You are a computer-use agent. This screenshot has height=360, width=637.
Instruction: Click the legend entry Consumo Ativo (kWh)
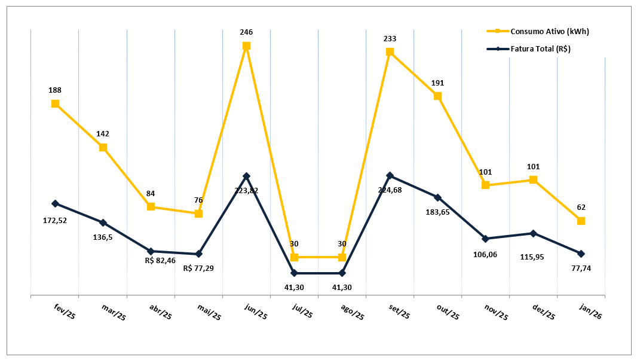click(542, 31)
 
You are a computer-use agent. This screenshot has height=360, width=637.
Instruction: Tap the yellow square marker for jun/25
click(246, 45)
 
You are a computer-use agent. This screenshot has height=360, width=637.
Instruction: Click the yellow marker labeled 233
click(390, 51)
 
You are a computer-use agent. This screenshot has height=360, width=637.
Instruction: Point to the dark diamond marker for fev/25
click(55, 203)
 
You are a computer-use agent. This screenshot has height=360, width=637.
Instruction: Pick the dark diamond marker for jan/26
click(581, 254)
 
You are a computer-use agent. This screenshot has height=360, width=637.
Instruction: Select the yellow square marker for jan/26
click(581, 221)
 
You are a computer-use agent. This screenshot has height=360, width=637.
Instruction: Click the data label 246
click(246, 32)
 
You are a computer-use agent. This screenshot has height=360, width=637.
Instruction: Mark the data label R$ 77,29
click(198, 268)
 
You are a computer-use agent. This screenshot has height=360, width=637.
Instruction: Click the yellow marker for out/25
click(437, 96)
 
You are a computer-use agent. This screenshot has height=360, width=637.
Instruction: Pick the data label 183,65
click(437, 212)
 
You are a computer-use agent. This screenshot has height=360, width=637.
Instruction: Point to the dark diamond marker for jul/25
click(294, 273)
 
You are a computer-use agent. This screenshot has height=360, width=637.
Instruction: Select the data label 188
click(55, 90)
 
